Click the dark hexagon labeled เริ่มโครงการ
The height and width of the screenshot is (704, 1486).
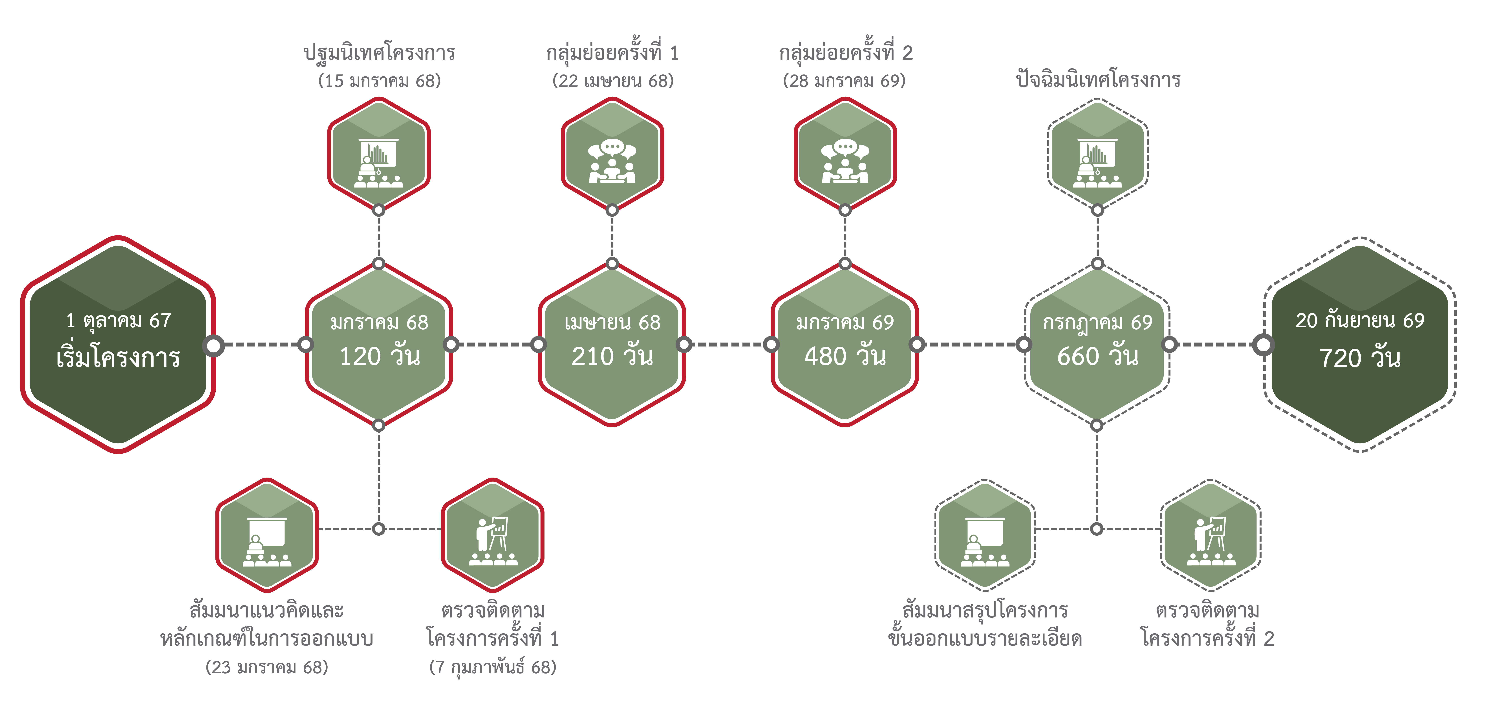pos(118,345)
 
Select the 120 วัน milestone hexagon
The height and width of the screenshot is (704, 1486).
pos(379,345)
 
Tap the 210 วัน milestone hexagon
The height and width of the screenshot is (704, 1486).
pos(612,345)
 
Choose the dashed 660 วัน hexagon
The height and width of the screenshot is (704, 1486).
pos(1097,345)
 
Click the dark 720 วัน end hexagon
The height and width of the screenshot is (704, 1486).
pos(1360,345)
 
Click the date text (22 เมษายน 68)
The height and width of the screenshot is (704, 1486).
pos(613,81)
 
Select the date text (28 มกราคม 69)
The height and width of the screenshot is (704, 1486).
pos(844,81)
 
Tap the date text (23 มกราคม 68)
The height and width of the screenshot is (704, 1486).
pos(266,667)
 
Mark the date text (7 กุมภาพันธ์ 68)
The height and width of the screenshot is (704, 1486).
pos(493,667)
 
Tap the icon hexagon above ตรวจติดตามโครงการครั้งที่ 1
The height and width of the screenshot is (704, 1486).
pos(493,535)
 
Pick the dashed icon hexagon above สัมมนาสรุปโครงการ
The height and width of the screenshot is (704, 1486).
pos(985,535)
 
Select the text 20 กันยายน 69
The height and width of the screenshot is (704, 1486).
pos(1360,320)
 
